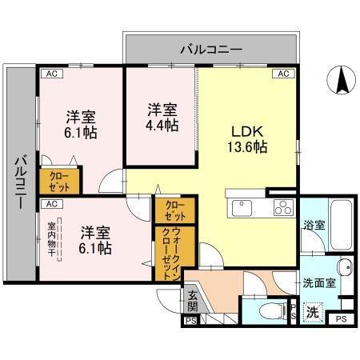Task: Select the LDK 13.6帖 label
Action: click(x=249, y=138)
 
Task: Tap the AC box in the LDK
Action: click(x=282, y=74)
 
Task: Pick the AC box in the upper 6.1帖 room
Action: click(x=50, y=74)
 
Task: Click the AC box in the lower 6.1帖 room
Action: click(x=50, y=204)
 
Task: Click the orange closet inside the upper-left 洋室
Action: click(x=58, y=182)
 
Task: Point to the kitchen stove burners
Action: click(x=283, y=208)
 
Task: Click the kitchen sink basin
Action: click(x=242, y=209)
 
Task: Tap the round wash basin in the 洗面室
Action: click(x=344, y=267)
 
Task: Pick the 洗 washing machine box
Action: click(x=313, y=311)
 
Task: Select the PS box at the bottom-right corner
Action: click(x=341, y=320)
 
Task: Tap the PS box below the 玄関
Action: click(x=190, y=320)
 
